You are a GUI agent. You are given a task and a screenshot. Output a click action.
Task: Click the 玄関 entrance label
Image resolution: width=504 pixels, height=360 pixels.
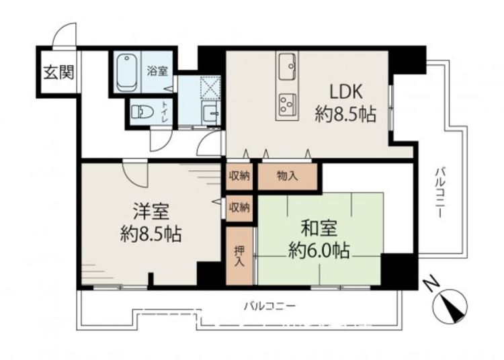[x=59, y=73]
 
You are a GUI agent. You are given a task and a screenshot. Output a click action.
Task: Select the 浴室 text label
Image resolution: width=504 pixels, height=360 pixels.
[x=157, y=71]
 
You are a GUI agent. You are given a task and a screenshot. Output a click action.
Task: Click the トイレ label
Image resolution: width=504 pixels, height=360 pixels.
[x=165, y=111]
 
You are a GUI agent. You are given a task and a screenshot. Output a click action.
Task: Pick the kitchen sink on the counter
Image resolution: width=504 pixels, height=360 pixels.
[x=288, y=66]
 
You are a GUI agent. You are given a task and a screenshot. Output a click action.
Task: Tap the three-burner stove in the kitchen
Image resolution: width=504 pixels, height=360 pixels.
[x=288, y=103]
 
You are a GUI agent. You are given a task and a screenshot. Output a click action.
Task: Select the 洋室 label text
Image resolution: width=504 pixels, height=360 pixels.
[x=151, y=212]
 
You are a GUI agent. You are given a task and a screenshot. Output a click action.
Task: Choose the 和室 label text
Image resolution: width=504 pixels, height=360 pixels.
[x=319, y=228]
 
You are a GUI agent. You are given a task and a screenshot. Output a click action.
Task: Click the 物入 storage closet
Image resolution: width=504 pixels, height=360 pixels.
[x=288, y=177]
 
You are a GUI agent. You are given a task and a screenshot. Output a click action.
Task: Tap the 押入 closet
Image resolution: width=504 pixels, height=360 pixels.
[x=239, y=256]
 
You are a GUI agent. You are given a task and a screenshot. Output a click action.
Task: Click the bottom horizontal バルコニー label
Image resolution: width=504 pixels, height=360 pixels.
[x=269, y=306]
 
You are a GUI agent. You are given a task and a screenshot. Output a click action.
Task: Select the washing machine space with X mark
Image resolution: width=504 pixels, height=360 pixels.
[x=210, y=87]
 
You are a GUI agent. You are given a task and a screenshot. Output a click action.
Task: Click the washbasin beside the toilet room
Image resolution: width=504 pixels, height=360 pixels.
[x=211, y=112]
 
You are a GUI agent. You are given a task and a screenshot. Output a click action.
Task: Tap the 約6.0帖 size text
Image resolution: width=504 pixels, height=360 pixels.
[x=319, y=250]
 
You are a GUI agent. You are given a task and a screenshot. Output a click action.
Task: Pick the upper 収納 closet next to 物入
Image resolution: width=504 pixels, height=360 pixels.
[x=239, y=177]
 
